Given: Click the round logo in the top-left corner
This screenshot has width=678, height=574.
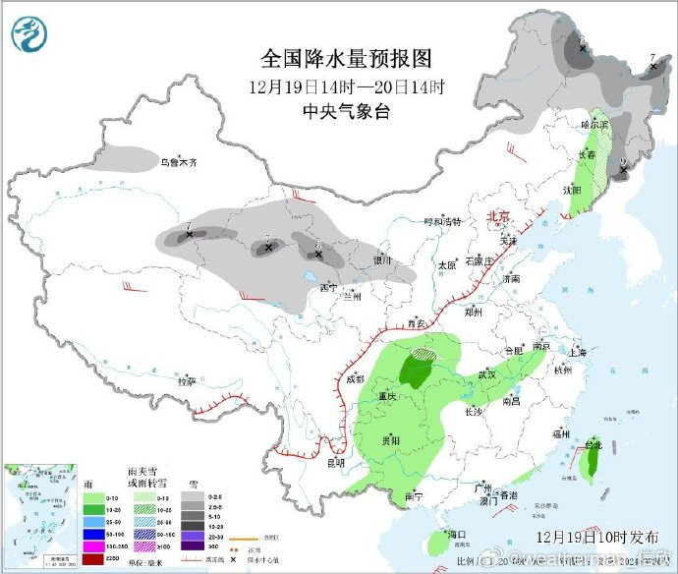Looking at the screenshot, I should tap(29, 34).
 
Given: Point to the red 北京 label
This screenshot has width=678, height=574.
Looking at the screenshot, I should tap(498, 216).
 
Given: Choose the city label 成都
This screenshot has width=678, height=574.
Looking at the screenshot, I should tap(354, 378).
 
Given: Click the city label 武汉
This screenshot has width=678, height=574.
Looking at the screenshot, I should tap(486, 374).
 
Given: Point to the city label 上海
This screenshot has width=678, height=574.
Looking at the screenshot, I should tap(577, 352).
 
